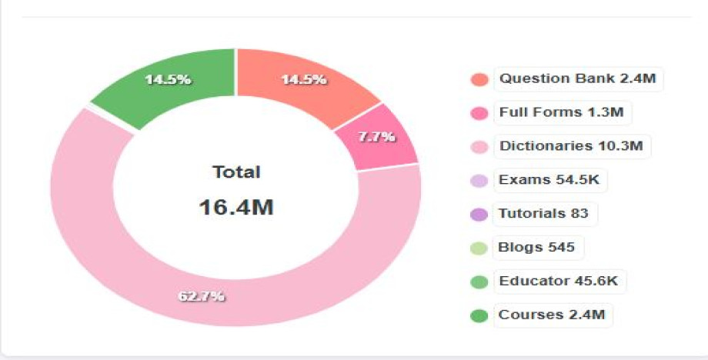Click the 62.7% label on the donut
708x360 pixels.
(x=202, y=296)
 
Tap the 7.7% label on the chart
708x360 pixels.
(x=377, y=137)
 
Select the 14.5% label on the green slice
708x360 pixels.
(x=169, y=80)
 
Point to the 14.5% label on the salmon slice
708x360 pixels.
(x=303, y=80)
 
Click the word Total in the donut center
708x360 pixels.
(x=236, y=172)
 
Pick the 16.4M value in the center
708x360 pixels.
(x=236, y=207)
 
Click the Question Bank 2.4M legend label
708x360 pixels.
(x=578, y=78)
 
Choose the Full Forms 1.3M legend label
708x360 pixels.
(x=561, y=112)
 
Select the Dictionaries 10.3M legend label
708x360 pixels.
(x=571, y=146)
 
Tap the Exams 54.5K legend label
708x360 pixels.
(x=550, y=180)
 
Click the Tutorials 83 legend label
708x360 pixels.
(x=543, y=213)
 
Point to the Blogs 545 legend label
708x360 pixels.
(x=537, y=248)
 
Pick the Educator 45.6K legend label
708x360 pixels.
(x=558, y=281)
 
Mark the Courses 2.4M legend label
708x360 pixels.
(x=552, y=315)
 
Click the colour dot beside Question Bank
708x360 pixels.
(x=479, y=80)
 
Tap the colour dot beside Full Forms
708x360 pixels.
(x=479, y=114)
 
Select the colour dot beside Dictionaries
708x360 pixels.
(x=479, y=147)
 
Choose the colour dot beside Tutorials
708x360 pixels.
(x=479, y=215)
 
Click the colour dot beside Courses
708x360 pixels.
(x=479, y=315)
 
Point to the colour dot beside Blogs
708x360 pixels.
(x=479, y=248)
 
